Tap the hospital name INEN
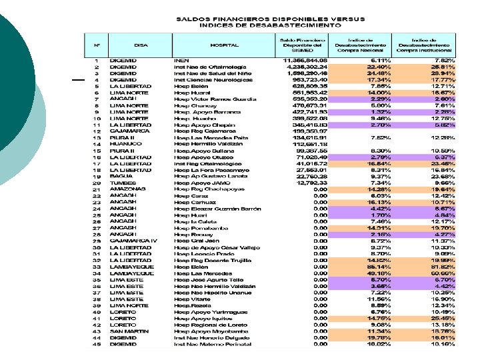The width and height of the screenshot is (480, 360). (x=181, y=61)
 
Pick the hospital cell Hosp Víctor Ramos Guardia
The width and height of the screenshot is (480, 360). (x=211, y=99)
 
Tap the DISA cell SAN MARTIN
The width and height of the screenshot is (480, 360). (x=127, y=331)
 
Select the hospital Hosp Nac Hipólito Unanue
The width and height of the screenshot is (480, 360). (x=213, y=293)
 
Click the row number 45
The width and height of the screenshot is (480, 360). (x=97, y=345)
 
